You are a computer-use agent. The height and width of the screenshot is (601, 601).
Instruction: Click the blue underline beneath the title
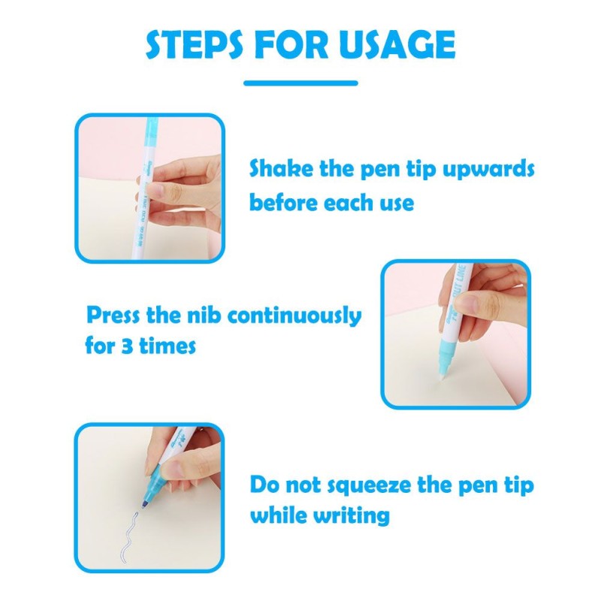tap(301, 83)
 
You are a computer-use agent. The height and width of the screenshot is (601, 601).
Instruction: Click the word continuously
tap(294, 316)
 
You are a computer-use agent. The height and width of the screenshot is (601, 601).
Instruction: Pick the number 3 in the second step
tap(127, 346)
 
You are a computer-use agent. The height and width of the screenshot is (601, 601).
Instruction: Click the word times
tap(168, 346)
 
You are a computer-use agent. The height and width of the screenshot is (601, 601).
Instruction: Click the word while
tap(279, 515)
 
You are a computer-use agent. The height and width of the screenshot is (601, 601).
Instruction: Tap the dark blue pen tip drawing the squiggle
tap(146, 503)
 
